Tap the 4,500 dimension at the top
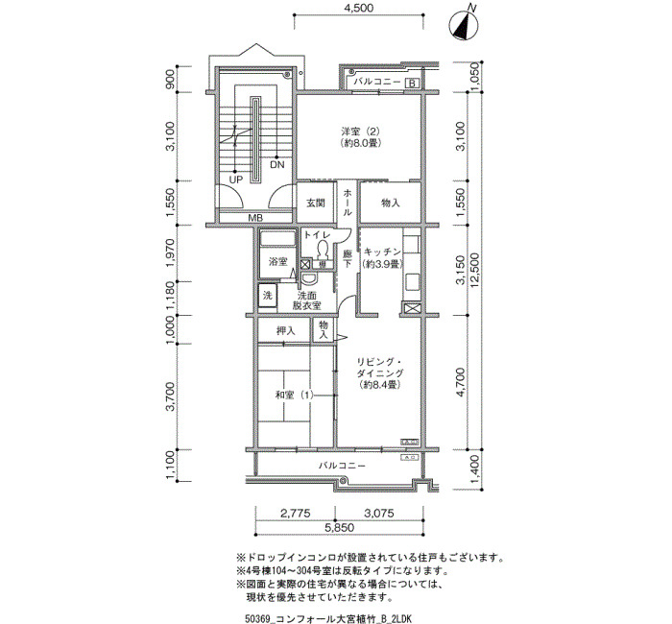[x=359, y=8]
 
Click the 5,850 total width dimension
[x=339, y=527]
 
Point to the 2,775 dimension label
[x=296, y=513]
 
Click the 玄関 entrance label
[x=316, y=203]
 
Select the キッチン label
[x=382, y=252]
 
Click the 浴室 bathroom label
[x=277, y=261]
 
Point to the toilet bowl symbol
[x=322, y=249]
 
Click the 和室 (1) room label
[x=294, y=395]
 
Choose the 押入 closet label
[x=285, y=330]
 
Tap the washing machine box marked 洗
[x=268, y=296]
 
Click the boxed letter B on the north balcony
[x=412, y=84]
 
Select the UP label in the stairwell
[x=236, y=180]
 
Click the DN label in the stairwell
[x=277, y=165]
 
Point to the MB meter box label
[x=255, y=218]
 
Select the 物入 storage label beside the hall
[x=390, y=203]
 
